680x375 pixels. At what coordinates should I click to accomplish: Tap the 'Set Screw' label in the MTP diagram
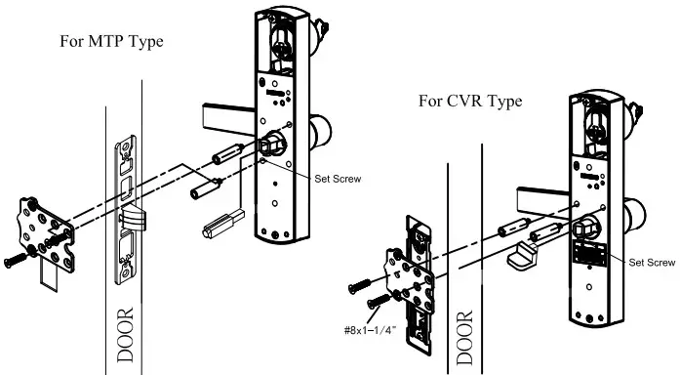coord(338,179)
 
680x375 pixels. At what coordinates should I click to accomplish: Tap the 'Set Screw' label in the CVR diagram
coord(652,263)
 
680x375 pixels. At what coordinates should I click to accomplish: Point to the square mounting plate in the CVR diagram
coord(409,279)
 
